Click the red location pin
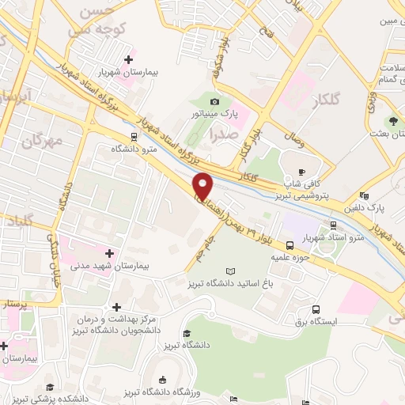tap(203, 187)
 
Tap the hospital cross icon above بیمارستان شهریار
tap(128, 59)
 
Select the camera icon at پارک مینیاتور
tap(214, 101)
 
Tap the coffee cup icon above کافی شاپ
tap(301, 172)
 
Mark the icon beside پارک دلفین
tap(363, 196)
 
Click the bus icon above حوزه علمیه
tap(291, 244)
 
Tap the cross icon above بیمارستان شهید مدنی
tap(108, 253)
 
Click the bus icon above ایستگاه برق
tap(316, 309)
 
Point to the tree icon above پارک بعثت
tap(393, 119)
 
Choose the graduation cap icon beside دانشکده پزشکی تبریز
tap(49, 387)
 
